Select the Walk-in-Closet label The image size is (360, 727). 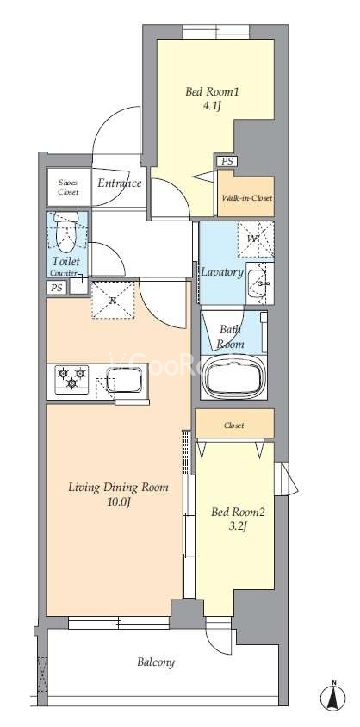click(x=246, y=198)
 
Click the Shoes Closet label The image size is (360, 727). click(x=69, y=187)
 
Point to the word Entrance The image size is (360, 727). click(x=119, y=183)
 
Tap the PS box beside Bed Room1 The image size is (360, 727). click(x=227, y=161)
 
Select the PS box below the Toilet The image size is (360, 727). click(x=57, y=288)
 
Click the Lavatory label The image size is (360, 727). click(x=222, y=272)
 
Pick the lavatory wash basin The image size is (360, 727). click(x=259, y=283)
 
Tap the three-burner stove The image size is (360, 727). click(x=71, y=379)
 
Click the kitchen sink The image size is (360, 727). click(x=124, y=380)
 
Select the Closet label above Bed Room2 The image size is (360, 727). click(x=233, y=426)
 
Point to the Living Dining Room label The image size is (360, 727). click(x=118, y=488)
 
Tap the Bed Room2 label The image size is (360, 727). click(x=238, y=513)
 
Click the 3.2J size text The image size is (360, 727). click(x=236, y=526)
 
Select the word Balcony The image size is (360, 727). click(x=156, y=662)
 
